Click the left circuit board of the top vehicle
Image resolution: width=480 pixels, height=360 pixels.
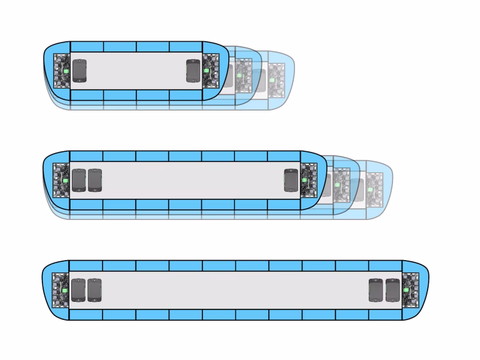click(61, 71)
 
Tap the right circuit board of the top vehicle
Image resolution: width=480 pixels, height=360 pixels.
click(210, 71)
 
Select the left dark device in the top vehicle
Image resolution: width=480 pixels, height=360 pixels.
click(79, 71)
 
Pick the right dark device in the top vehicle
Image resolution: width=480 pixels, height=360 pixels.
click(192, 71)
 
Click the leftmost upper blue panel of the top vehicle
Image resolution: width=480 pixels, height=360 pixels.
click(86, 46)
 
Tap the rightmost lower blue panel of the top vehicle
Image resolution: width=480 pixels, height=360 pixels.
click(185, 95)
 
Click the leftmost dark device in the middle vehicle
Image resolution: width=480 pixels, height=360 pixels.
click(78, 180)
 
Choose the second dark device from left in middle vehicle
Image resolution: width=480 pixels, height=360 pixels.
click(94, 180)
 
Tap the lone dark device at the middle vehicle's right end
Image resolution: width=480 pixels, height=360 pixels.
click(291, 180)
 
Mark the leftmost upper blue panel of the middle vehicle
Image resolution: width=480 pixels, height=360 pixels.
click(86, 156)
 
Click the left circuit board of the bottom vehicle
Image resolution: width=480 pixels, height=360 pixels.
click(60, 290)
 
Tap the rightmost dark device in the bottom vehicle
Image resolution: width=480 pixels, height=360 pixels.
click(392, 290)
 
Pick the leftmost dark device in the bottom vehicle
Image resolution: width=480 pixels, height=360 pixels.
click(78, 290)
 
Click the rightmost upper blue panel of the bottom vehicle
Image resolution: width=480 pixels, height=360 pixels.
click(385, 266)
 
